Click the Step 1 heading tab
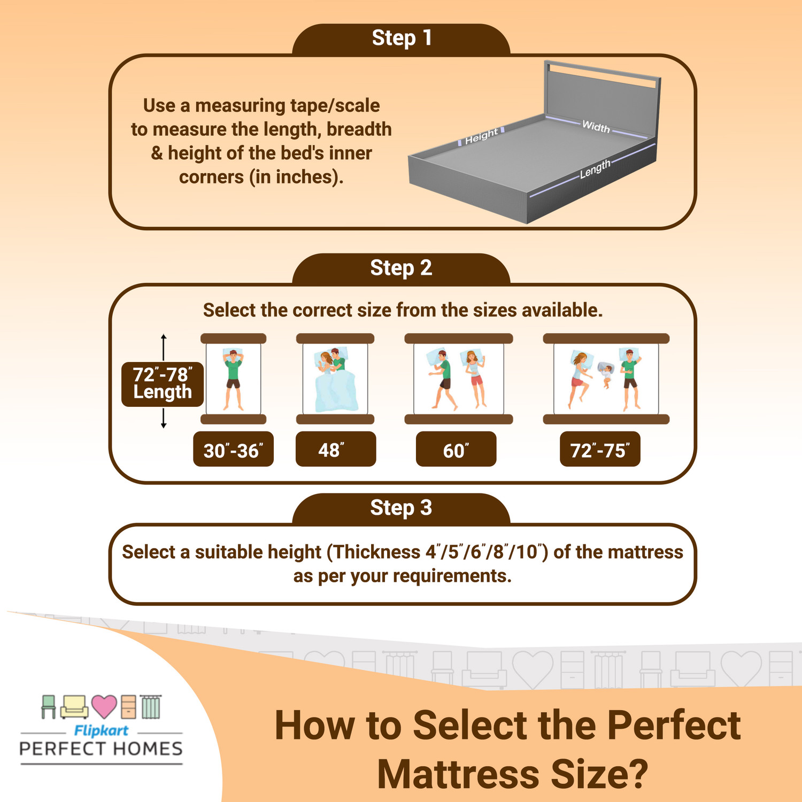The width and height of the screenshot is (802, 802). tap(401, 38)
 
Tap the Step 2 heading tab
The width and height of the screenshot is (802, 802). tap(401, 268)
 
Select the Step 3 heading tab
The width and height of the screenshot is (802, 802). tap(401, 508)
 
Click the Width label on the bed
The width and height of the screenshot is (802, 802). tap(596, 127)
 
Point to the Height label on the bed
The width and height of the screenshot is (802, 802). tap(481, 136)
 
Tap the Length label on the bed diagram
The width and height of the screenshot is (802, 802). tap(595, 169)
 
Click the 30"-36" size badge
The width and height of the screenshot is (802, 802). tap(233, 450)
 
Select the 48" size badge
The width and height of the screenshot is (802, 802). tap(335, 450)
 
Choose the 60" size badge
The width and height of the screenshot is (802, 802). tap(456, 450)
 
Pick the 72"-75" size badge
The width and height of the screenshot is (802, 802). tap(599, 450)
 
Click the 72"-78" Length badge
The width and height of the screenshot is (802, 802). tap(162, 383)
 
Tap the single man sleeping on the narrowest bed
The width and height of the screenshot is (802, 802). tap(233, 377)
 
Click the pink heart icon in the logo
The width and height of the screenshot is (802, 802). tap(104, 706)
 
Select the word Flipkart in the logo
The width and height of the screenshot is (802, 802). tap(101, 731)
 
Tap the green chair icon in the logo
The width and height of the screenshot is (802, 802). tap(49, 706)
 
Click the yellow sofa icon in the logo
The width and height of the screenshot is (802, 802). tap(74, 707)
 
